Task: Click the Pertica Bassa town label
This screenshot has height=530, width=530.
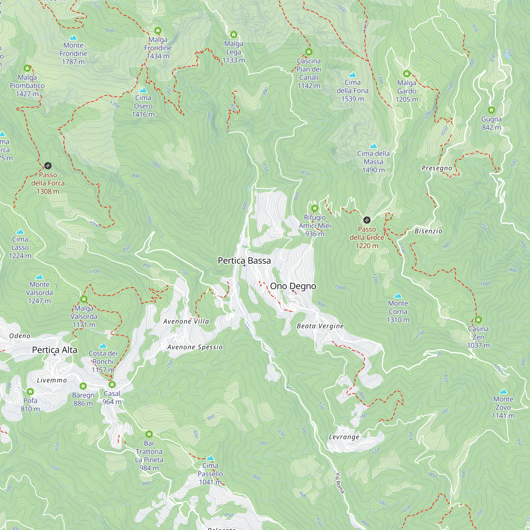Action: tap(244, 260)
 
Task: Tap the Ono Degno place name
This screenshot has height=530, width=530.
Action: tap(293, 286)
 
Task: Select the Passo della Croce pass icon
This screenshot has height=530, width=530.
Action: tap(367, 220)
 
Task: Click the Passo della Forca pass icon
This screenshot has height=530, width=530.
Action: tap(48, 166)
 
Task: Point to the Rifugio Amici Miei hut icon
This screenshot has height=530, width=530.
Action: tap(315, 209)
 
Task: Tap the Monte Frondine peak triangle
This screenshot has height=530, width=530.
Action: tap(73, 38)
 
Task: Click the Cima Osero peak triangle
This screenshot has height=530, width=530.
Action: tap(143, 90)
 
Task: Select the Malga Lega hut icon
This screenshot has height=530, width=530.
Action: tap(233, 34)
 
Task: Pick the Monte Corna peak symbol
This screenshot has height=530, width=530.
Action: tap(398, 296)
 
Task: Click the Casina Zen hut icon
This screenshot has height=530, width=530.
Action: tap(478, 320)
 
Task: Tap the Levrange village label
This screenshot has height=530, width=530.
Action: tap(344, 437)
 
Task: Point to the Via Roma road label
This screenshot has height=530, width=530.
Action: tap(340, 483)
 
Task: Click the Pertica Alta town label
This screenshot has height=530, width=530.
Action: tap(55, 350)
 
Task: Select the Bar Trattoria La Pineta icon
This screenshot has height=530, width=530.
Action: tap(149, 434)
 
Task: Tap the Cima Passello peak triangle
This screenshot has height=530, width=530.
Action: tap(210, 458)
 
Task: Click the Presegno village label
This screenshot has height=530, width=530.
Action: tap(436, 168)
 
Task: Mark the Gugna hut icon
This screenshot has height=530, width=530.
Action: tap(491, 110)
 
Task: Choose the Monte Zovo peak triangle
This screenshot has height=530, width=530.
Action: tap(503, 391)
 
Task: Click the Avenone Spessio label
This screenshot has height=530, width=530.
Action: tap(195, 347)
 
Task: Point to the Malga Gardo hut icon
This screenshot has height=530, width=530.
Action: tap(407, 74)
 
